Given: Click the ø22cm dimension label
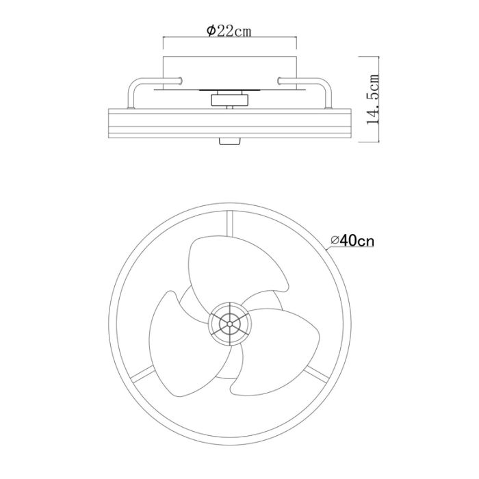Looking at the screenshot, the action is (229, 31).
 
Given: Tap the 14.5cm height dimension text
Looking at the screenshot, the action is (373, 99).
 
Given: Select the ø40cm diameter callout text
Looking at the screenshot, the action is (352, 241).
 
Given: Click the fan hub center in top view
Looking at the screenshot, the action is (230, 324).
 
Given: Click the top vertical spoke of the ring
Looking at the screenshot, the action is (230, 224).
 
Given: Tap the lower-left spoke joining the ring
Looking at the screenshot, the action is (144, 374).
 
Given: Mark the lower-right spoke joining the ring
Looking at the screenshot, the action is (317, 374).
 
